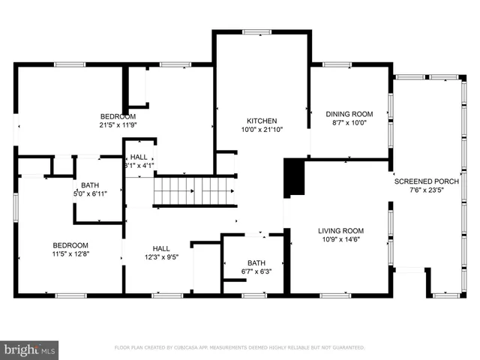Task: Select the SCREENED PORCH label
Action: click(x=425, y=181)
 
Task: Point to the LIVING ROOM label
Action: click(x=340, y=231)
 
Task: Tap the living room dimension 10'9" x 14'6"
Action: click(x=340, y=241)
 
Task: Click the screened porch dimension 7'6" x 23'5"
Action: click(x=425, y=190)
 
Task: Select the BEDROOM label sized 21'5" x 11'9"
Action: click(x=118, y=116)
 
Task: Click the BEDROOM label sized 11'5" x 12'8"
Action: click(x=70, y=245)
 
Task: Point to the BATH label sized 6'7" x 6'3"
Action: click(x=255, y=262)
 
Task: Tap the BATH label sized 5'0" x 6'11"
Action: click(x=90, y=185)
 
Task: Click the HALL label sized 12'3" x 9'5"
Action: click(x=161, y=248)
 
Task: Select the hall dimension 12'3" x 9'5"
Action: click(x=161, y=257)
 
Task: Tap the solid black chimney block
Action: click(x=295, y=177)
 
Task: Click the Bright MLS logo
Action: click(x=30, y=349)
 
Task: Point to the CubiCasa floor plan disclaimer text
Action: click(x=239, y=348)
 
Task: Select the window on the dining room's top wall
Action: click(x=337, y=64)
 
